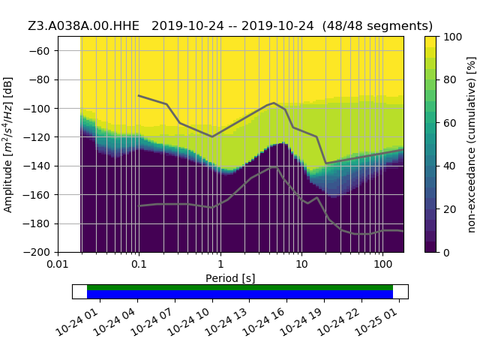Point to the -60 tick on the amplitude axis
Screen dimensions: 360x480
click(43, 50)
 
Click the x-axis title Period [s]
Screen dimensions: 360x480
click(230, 278)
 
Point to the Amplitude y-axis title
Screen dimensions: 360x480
click(8, 144)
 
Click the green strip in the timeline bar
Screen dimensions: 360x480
click(240, 287)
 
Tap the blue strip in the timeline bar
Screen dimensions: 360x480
click(240, 295)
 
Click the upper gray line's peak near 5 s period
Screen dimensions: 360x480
click(274, 103)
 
